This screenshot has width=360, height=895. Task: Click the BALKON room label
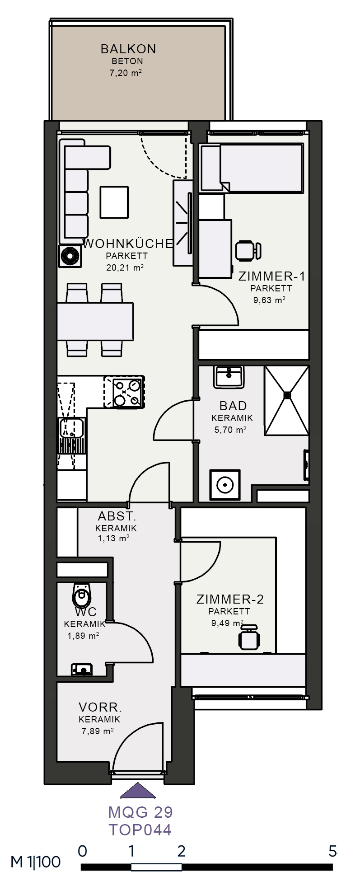pos(128,49)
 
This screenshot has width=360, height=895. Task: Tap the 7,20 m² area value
pos(126,73)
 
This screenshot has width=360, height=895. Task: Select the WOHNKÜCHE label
pos(128,244)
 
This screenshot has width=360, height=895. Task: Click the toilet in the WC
pos(82,595)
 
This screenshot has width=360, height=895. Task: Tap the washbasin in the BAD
pos(229,377)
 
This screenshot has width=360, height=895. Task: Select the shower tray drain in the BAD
pos(287,395)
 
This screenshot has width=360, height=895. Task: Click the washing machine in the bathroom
pos(224,485)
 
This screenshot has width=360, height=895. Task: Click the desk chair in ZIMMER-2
pos(249,637)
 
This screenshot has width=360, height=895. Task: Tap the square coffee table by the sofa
pos(114,202)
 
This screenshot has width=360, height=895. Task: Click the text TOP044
pos(140,829)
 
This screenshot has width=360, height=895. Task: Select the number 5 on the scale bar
pos(333,852)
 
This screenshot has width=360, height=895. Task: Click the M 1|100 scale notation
pos(36,862)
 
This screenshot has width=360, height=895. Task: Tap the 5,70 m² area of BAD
pos(230,430)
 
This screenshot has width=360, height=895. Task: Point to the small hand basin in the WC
pos(82,670)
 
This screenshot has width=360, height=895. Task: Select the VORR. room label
pos(100,707)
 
